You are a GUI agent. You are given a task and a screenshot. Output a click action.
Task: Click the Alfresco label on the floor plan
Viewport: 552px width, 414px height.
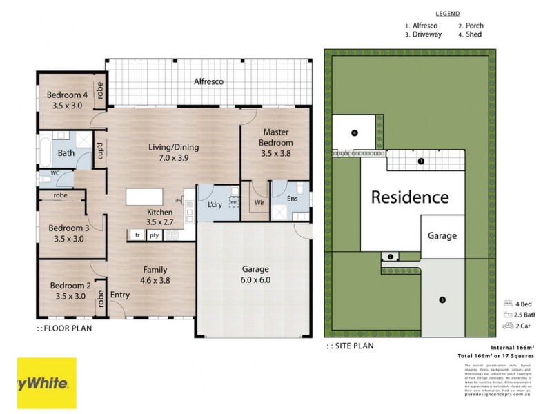(208, 81)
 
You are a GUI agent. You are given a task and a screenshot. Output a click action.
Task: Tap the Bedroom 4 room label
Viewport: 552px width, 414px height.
(67, 95)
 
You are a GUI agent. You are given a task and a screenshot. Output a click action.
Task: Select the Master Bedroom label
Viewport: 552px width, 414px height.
(275, 137)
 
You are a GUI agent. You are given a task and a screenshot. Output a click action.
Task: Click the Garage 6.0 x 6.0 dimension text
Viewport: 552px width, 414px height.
(255, 282)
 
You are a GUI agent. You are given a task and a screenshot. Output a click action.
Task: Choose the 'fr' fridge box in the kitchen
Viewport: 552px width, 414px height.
(137, 235)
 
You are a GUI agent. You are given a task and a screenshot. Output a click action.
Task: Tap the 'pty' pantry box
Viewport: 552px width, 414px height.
(154, 235)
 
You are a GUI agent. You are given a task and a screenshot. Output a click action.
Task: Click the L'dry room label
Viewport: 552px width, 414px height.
(213, 206)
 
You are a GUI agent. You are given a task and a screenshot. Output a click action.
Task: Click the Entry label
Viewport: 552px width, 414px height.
(120, 295)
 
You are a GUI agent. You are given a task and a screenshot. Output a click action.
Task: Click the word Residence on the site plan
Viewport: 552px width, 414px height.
(410, 197)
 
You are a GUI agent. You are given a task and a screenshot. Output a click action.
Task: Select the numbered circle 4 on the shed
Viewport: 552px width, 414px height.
(354, 132)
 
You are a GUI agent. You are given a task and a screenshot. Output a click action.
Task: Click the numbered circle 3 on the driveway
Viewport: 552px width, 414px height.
(442, 299)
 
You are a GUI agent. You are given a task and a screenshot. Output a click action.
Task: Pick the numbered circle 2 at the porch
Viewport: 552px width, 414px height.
(390, 257)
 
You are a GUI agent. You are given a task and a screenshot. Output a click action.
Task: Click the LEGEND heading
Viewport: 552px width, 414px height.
(448, 13)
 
